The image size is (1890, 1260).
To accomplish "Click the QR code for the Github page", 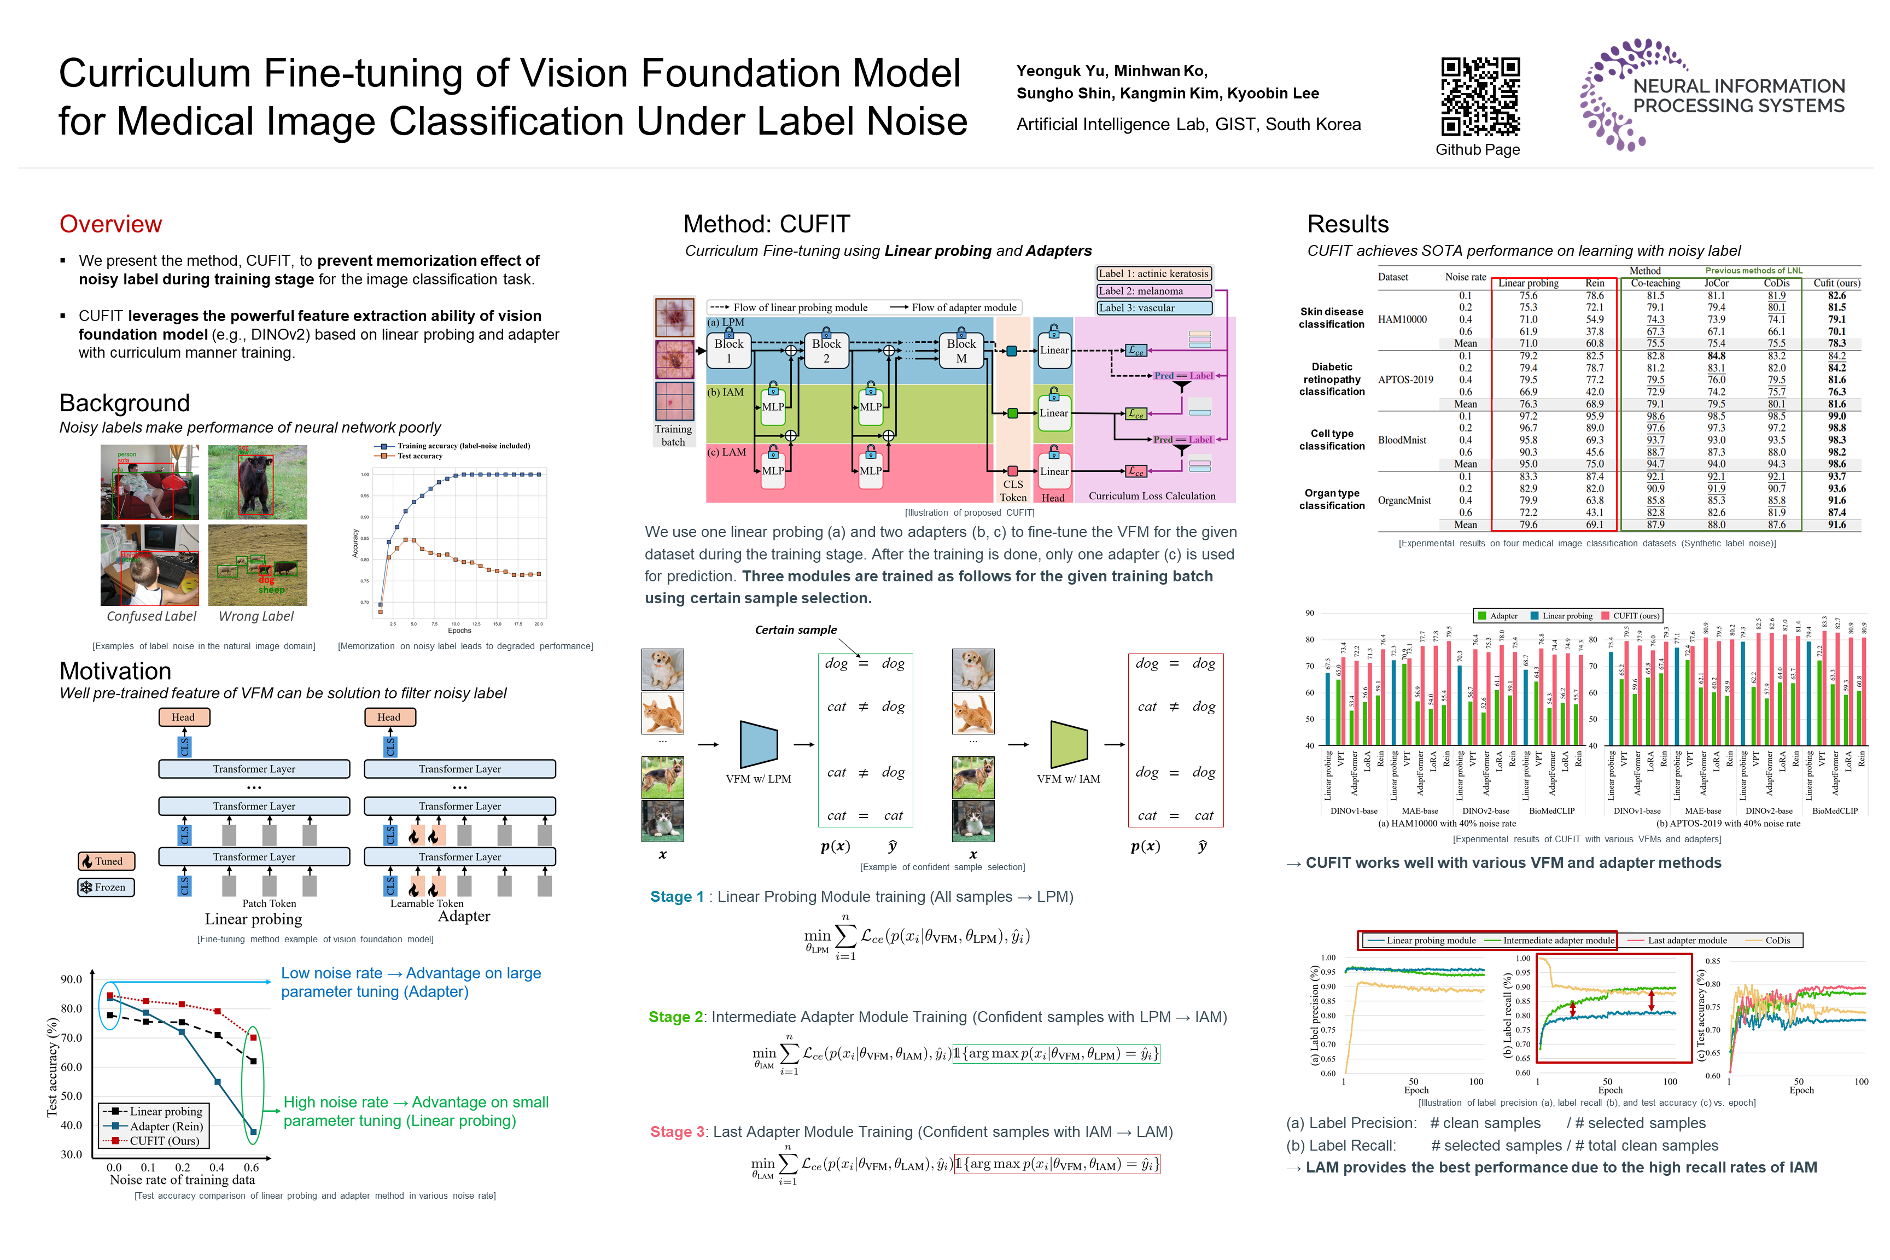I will coord(1480,96).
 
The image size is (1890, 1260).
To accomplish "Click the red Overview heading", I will coord(111,224).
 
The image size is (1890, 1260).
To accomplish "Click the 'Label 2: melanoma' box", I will coord(1154,291).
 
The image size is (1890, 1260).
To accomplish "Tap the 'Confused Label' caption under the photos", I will coord(151,616).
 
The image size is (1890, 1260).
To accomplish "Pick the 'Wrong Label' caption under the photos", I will coord(256,616).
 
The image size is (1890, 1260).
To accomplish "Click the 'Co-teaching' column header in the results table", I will coord(1655,283).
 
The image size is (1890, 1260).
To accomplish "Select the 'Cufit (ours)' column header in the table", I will coord(1836,283).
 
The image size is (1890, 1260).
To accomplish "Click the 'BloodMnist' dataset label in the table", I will coord(1402,440).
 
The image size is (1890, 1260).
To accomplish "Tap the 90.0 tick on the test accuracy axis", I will coord(72,979).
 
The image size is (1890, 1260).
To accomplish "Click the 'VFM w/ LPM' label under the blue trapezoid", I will coord(758,779).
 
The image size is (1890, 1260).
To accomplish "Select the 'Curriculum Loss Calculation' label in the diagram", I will coord(1152,496).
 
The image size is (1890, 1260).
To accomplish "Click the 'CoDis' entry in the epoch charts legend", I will coord(1777,940).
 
